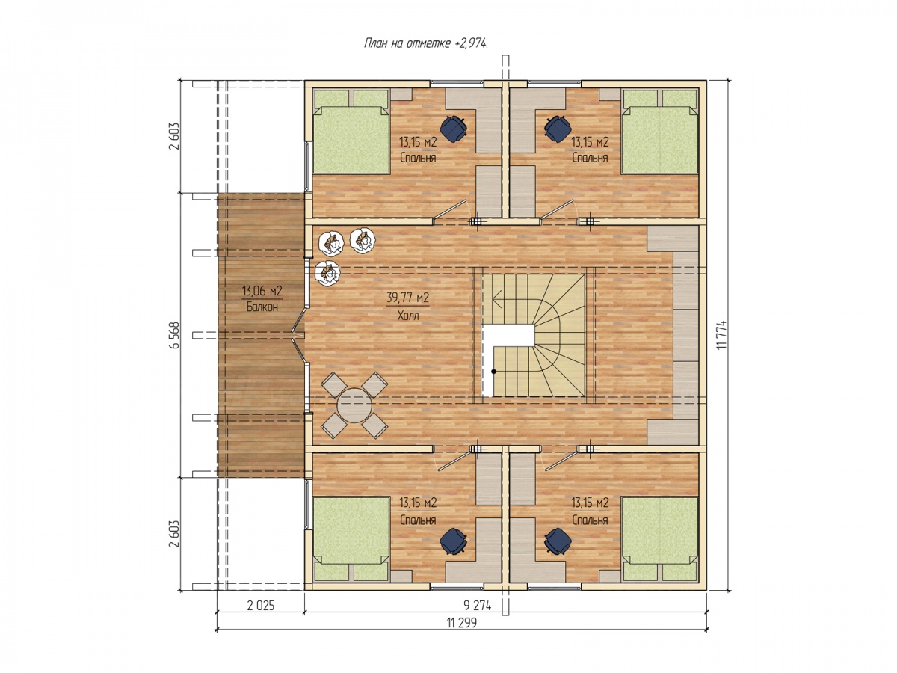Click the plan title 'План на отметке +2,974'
425,43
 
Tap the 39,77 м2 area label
407,297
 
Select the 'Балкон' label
262,307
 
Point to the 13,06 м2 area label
262,291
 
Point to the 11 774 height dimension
721,334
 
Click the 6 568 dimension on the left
174,335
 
